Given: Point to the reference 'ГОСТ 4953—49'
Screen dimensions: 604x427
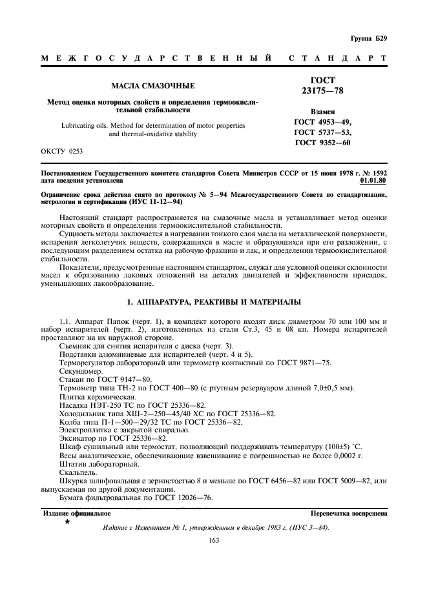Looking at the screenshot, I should pyautogui.click(x=323, y=121).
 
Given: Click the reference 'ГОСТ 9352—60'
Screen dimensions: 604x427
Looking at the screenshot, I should pyautogui.click(x=323, y=143).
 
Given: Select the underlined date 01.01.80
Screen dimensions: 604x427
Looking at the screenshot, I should pyautogui.click(x=373, y=182).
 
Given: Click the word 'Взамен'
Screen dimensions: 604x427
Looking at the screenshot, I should pyautogui.click(x=323, y=111).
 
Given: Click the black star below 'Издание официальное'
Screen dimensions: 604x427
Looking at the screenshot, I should pyautogui.click(x=67, y=521).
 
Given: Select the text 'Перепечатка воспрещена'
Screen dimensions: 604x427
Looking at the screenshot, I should pyautogui.click(x=349, y=514).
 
